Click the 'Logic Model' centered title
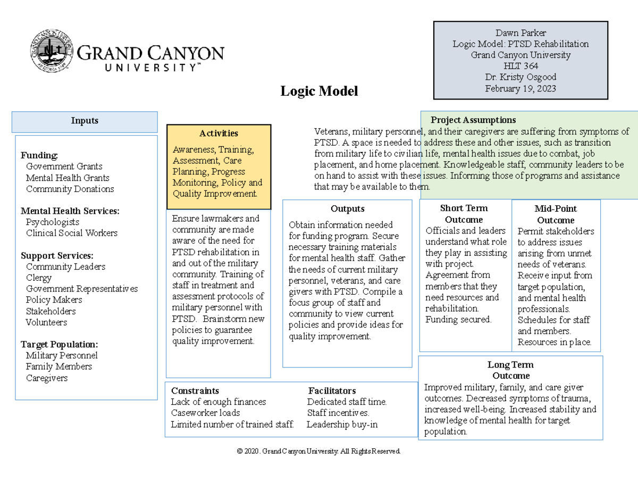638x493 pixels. click(x=319, y=91)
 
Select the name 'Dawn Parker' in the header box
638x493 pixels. click(x=521, y=33)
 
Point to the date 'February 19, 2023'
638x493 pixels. click(x=521, y=88)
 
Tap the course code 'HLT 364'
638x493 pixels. click(x=521, y=66)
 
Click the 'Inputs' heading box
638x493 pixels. click(x=85, y=121)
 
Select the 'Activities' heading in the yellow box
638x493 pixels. click(x=219, y=133)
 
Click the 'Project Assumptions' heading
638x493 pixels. click(x=473, y=120)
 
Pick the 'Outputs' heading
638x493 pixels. click(x=347, y=208)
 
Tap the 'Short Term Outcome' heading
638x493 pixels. click(x=464, y=214)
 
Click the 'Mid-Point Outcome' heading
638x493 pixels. click(x=555, y=214)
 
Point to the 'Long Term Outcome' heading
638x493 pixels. click(x=510, y=370)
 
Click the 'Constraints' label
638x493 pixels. click(x=195, y=391)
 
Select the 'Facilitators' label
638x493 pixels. click(x=332, y=391)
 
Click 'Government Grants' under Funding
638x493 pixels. click(x=64, y=166)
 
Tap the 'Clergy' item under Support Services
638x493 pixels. click(x=39, y=278)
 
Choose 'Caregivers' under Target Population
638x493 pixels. click(x=47, y=378)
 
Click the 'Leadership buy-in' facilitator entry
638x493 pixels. click(x=342, y=424)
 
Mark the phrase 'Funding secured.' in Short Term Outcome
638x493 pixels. click(x=458, y=320)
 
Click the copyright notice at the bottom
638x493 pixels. click(x=319, y=451)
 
